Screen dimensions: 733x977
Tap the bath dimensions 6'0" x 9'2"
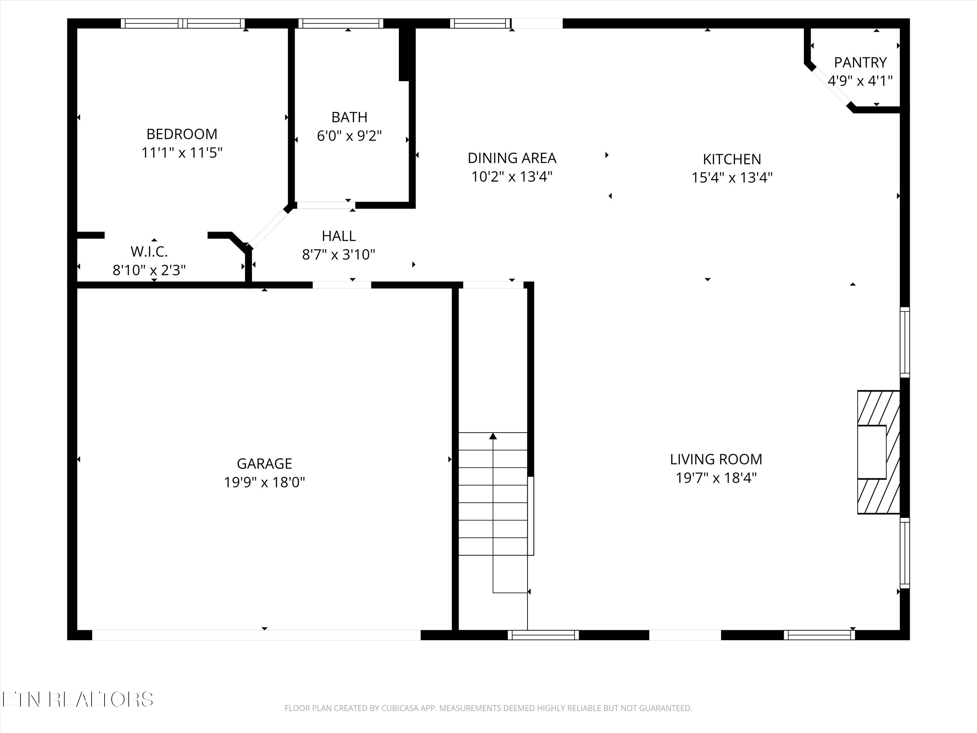349,136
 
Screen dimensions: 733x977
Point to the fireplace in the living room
878,452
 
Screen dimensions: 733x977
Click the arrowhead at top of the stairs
493,437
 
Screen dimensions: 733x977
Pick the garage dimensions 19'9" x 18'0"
264,482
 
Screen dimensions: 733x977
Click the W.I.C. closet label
149,252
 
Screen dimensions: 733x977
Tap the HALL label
339,236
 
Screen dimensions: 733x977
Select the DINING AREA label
512,158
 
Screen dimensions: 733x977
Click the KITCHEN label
731,159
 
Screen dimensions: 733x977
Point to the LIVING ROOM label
716,459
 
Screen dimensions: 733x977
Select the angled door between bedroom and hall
268,228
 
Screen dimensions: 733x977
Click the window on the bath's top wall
341,23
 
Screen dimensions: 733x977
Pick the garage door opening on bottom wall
256,635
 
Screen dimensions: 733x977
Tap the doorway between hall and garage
342,285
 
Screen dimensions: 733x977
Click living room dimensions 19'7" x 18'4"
716,478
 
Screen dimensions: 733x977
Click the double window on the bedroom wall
183,23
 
